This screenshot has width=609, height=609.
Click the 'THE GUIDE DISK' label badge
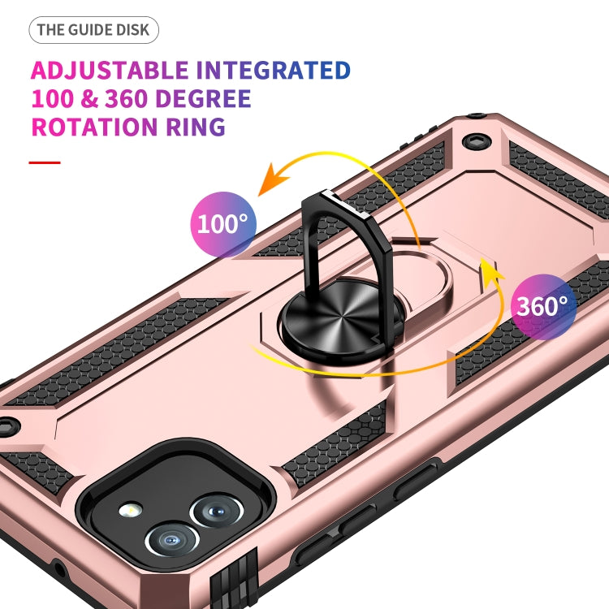93,31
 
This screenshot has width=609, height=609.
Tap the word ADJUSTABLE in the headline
110,71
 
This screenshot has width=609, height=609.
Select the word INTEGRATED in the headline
274,71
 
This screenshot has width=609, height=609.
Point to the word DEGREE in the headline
197,99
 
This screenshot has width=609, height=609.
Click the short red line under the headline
45,162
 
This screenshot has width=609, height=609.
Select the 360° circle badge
543,305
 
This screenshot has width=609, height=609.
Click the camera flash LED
131,511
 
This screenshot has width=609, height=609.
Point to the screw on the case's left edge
7,425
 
